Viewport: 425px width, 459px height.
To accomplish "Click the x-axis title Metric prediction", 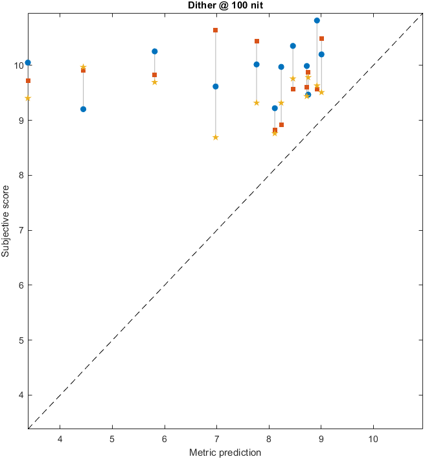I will [225, 452].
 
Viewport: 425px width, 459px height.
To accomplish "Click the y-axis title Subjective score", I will [6, 221].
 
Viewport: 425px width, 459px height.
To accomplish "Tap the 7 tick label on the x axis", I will [216, 438].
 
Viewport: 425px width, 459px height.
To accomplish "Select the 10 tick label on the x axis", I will [373, 438].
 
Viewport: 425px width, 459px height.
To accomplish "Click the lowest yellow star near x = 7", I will [216, 137].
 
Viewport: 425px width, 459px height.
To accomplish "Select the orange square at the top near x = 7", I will [216, 30].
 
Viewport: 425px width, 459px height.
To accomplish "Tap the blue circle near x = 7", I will [216, 86].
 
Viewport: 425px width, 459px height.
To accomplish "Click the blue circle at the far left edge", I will [28, 63].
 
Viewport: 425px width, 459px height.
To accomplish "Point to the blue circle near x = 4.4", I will [83, 109].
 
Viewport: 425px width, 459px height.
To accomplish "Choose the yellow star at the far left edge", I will [28, 98].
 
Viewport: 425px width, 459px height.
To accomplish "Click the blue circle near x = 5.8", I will [155, 51].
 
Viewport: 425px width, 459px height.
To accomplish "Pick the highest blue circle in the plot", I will [317, 20].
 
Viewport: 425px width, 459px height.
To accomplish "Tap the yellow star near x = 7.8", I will [257, 103].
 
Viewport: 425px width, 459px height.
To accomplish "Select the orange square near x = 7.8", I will [257, 41].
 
